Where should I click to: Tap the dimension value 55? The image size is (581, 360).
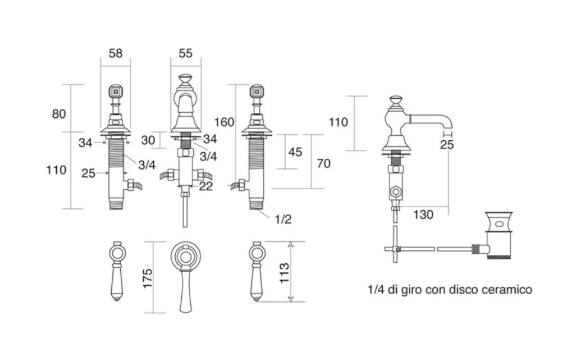tap(185, 53)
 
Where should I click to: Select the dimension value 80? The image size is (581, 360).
tap(59, 113)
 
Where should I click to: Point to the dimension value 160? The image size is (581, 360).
tap(224, 123)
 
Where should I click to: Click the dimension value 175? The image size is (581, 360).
tap(147, 278)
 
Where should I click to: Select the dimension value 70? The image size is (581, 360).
tap(323, 163)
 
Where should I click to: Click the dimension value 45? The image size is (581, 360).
tap(295, 152)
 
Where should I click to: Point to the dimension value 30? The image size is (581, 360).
tap(148, 140)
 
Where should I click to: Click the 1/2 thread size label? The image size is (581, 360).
tap(283, 219)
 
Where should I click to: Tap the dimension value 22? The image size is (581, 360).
tap(206, 187)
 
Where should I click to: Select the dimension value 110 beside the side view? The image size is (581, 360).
tap(338, 122)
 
